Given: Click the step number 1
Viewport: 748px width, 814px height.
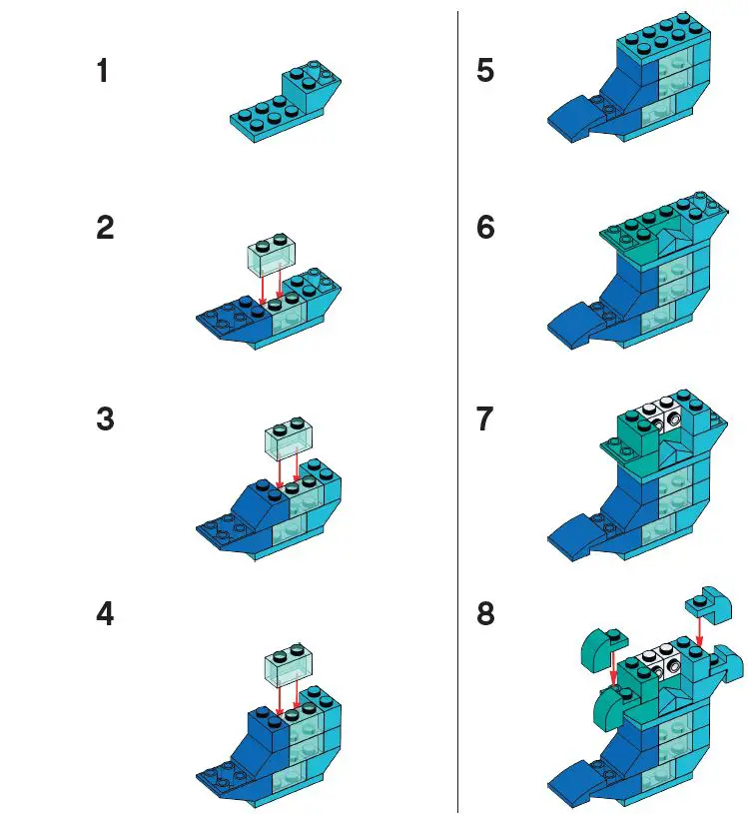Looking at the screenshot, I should click(x=104, y=72).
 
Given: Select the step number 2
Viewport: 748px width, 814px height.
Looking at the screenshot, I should click(x=105, y=228).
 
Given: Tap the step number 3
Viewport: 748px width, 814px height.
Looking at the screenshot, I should click(x=105, y=419).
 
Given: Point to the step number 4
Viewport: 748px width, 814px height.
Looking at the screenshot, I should click(x=105, y=613).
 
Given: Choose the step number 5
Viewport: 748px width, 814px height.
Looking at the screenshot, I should click(x=486, y=72).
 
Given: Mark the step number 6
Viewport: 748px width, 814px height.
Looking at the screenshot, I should click(x=486, y=228).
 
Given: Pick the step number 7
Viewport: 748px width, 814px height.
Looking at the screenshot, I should click(x=486, y=419).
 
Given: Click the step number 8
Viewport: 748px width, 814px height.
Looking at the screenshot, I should click(x=486, y=613).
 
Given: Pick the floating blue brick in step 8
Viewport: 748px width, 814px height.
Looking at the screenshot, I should click(x=703, y=601).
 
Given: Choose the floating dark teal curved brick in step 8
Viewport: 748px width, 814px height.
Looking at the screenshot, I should click(x=601, y=652).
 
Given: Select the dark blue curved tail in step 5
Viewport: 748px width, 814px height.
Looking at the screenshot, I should click(x=579, y=117).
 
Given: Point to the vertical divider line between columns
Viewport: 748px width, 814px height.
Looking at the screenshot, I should click(x=457, y=400).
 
